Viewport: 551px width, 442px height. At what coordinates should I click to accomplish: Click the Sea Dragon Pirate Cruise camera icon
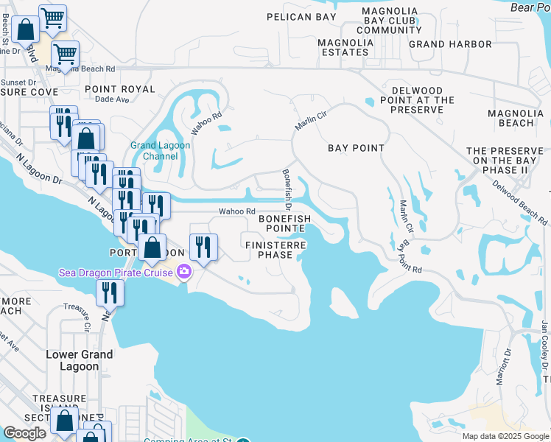[182, 273]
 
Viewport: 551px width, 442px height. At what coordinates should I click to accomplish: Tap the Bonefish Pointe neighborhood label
[284, 224]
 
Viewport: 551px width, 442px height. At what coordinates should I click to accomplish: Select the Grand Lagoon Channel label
[161, 150]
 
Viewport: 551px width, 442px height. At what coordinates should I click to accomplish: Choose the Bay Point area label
[357, 148]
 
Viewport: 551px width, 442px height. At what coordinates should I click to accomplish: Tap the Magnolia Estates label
[345, 47]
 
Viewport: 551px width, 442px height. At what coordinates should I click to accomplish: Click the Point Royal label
[120, 89]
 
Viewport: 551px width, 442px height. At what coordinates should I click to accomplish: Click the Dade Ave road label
[112, 99]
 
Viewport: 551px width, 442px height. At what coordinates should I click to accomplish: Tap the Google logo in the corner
[25, 433]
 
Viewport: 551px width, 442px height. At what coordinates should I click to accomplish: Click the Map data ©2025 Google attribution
[505, 436]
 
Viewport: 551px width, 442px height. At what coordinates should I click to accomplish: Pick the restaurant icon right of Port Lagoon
[203, 247]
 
